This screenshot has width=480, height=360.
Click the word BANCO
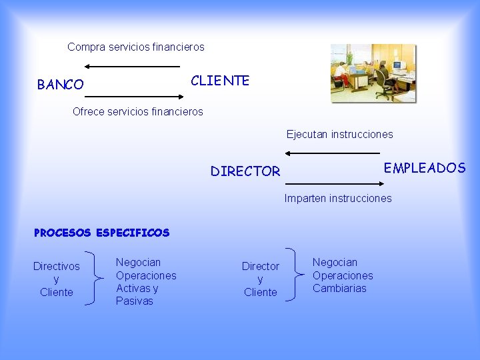61,85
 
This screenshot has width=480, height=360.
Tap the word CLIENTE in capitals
220,81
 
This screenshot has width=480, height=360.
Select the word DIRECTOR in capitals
245,171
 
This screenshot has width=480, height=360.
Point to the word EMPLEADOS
425,168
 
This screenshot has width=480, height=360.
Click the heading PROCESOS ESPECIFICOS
102,233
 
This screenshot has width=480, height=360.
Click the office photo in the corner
373,73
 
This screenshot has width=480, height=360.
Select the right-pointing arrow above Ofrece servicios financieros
137,97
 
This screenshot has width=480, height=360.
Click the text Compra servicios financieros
136,47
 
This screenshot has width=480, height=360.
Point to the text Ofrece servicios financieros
137,111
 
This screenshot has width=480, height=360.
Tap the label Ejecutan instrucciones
340,134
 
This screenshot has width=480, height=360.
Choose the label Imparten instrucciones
338,198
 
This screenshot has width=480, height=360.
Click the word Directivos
57,267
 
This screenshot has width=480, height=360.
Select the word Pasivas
135,301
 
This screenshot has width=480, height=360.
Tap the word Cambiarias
340,289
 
